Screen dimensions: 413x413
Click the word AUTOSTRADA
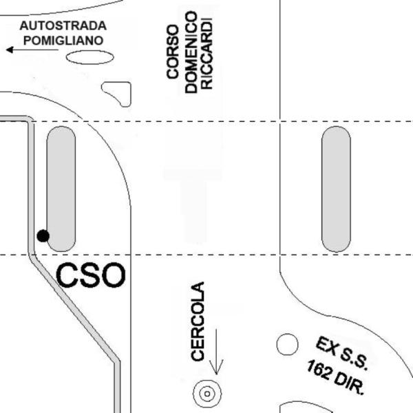[x=63, y=25]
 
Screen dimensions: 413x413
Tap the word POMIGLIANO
[x=63, y=41]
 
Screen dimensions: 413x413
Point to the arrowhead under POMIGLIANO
[x=10, y=50]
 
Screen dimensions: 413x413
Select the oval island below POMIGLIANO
[x=89, y=57]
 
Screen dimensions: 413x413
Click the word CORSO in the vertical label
[x=173, y=52]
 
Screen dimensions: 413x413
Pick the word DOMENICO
[x=191, y=52]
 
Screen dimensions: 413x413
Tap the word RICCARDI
[x=206, y=54]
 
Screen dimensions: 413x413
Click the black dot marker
[x=43, y=235]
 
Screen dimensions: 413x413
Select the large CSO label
[x=91, y=275]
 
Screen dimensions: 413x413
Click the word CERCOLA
[x=198, y=321]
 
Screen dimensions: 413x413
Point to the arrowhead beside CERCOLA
[x=216, y=367]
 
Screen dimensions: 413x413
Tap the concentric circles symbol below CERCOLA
[x=207, y=394]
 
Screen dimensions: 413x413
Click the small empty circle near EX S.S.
[x=287, y=345]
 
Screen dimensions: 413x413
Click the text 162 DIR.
[x=336, y=377]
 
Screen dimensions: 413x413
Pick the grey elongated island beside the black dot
[x=61, y=189]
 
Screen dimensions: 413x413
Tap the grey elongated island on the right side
[x=336, y=189]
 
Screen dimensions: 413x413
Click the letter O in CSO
[x=114, y=275]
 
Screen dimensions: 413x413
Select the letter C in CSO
[x=67, y=275]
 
